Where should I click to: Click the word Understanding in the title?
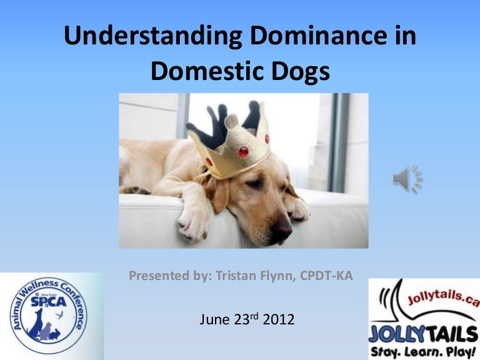pyautogui.click(x=153, y=36)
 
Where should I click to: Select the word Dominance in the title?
pyautogui.click(x=318, y=36)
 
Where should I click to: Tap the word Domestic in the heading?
pyautogui.click(x=207, y=71)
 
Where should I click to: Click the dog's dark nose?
pyautogui.click(x=281, y=229)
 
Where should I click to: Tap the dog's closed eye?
pyautogui.click(x=255, y=183)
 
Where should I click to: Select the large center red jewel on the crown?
pyautogui.click(x=243, y=151)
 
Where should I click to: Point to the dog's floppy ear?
pyautogui.click(x=217, y=193)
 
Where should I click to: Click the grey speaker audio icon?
pyautogui.click(x=407, y=179)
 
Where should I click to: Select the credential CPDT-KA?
pyautogui.click(x=326, y=276)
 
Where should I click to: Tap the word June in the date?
pyautogui.click(x=214, y=319)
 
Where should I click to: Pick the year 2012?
pyautogui.click(x=279, y=319)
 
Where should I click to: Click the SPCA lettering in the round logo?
pyautogui.click(x=48, y=301)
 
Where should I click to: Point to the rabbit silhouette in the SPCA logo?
pyautogui.click(x=55, y=334)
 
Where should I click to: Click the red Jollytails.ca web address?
pyautogui.click(x=444, y=298)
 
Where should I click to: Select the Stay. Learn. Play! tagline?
pyautogui.click(x=422, y=351)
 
